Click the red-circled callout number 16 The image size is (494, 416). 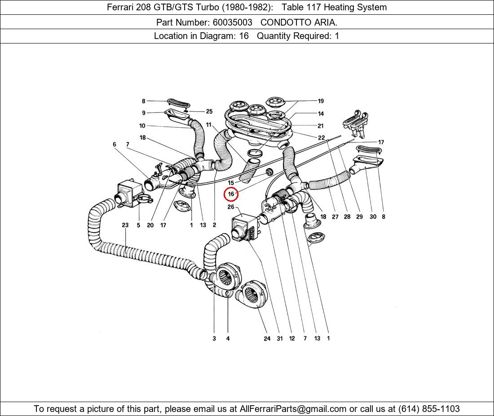(231, 194)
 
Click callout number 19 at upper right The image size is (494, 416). (321, 101)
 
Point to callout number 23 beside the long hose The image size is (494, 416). (125, 225)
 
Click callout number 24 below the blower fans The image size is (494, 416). (267, 338)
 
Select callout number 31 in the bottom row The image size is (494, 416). (279, 338)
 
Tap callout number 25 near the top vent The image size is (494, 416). (209, 112)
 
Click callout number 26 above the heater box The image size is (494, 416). (231, 207)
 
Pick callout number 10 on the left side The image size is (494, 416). (142, 126)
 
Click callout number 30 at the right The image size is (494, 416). (373, 217)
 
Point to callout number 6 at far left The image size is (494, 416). (115, 144)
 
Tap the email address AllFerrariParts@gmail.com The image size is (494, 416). (293, 409)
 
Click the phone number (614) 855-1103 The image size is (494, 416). (429, 409)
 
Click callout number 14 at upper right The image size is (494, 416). (321, 114)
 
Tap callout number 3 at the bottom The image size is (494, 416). (214, 338)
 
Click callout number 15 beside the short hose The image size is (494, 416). (231, 183)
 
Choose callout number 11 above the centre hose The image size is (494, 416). (209, 125)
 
